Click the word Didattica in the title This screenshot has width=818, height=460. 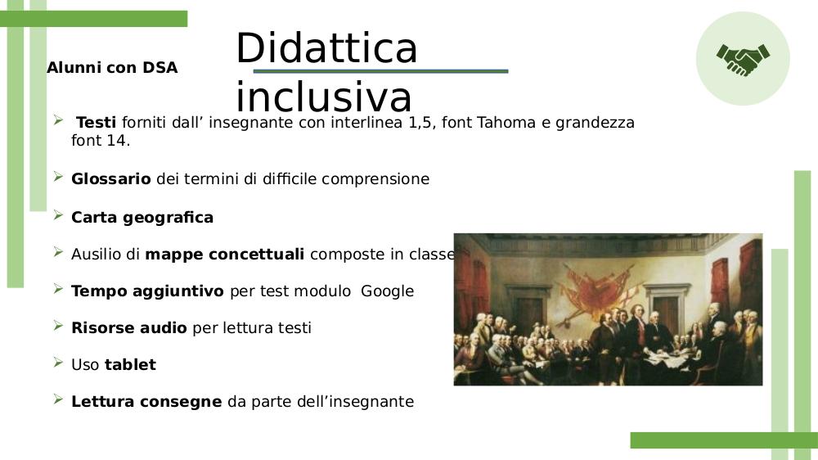point(326,47)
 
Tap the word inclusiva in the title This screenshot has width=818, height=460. point(324,97)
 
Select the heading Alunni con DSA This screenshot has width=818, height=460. point(112,67)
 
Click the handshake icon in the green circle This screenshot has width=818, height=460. point(743,59)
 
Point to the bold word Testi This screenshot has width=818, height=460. point(96,122)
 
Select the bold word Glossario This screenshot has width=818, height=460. point(111,179)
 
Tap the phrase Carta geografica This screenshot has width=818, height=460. point(142,218)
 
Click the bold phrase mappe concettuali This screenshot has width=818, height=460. point(224,255)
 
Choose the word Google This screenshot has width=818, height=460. point(387,291)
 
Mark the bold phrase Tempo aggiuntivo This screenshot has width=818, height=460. point(147,291)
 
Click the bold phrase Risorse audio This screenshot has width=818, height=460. point(129,328)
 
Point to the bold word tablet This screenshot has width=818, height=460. point(130,364)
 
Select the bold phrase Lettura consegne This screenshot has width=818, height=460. point(146,402)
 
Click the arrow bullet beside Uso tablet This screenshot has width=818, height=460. point(58,362)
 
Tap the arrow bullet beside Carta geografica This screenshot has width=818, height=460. point(58,215)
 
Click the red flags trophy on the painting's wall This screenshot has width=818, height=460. point(596,290)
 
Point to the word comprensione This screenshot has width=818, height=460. point(375,179)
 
